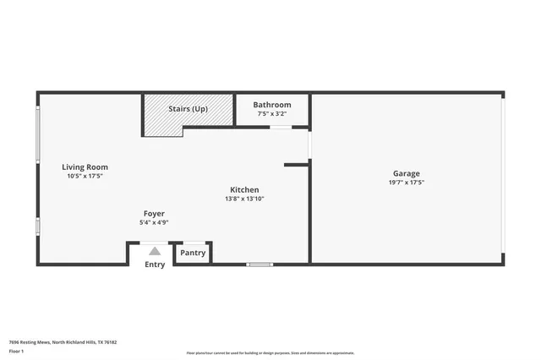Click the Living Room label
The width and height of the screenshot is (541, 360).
pos(85,167)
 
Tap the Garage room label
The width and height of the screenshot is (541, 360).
pos(406,172)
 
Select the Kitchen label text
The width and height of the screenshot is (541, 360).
pos(244,190)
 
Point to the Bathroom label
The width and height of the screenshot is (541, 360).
pos(272,105)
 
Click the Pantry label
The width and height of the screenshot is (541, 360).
pos(193,253)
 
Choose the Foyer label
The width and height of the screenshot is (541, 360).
pos(154,214)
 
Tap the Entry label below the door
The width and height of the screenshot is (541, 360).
pos(155,265)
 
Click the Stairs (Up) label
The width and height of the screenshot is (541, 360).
pos(188,109)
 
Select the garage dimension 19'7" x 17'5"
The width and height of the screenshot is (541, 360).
pos(406,182)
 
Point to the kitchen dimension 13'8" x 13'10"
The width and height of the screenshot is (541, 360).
pos(244,199)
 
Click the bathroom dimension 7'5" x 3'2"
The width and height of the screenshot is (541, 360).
pos(272,113)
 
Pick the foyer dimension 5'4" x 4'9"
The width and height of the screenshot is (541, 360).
pos(154,222)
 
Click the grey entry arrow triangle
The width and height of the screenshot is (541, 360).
pos(154,251)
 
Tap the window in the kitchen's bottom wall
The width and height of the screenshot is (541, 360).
pos(260,265)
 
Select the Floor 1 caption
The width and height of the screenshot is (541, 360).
pos(16,351)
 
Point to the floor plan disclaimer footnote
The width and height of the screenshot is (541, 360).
pos(270,353)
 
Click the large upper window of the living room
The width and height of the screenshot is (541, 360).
pos(37,134)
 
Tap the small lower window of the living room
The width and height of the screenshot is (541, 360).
pos(37,226)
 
